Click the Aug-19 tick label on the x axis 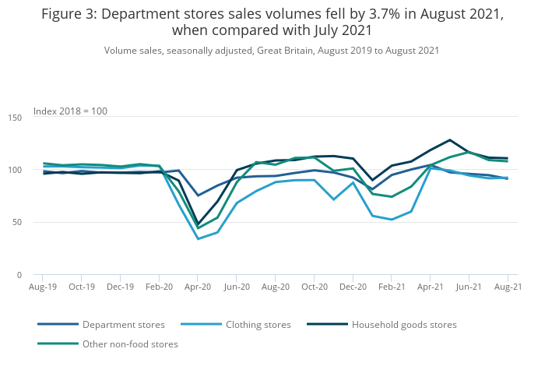[43, 287]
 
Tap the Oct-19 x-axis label [82, 287]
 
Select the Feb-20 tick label [159, 287]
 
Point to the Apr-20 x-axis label [198, 287]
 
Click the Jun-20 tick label [237, 287]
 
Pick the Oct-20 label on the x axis [314, 287]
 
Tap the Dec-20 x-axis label [353, 287]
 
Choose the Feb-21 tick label [392, 287]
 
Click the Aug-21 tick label [508, 287]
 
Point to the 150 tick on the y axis [15, 118]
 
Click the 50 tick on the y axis [17, 223]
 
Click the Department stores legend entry [123, 325]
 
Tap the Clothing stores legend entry [258, 325]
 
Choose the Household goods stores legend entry [404, 325]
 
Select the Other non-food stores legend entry [130, 344]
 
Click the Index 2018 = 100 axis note [70, 111]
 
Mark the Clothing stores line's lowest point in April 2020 [198, 239]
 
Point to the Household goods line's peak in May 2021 [449, 140]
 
